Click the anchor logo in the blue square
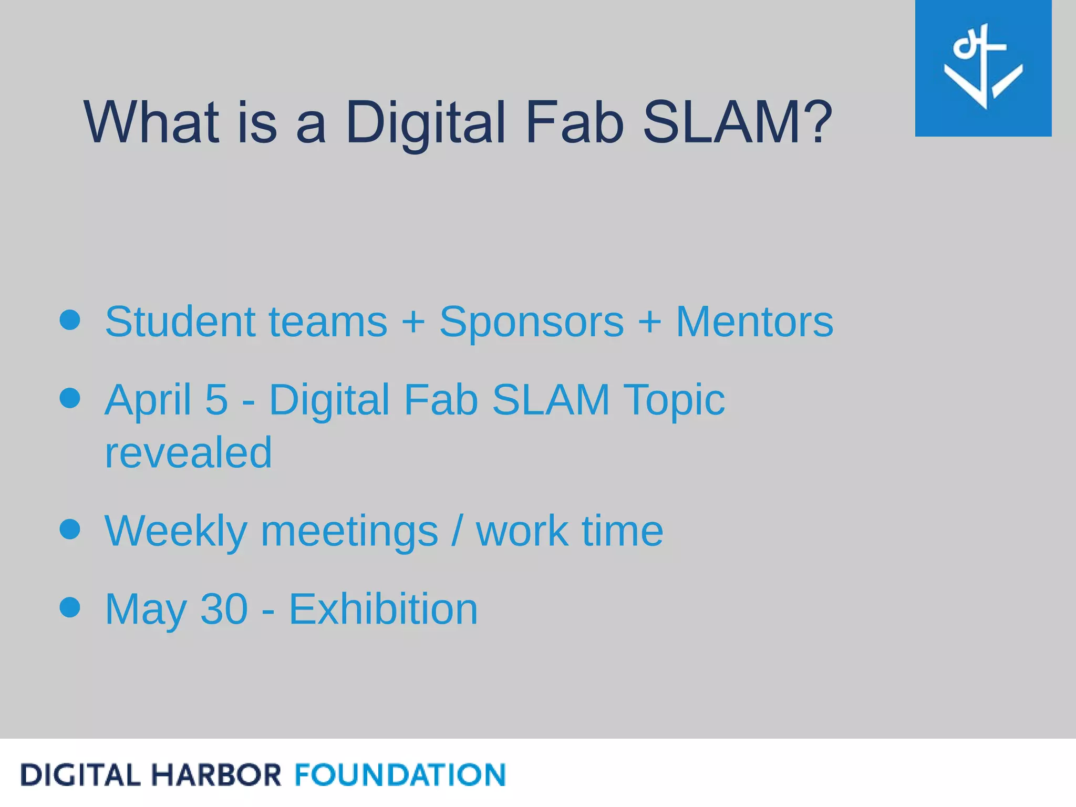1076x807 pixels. click(x=982, y=67)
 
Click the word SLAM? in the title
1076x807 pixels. click(x=737, y=122)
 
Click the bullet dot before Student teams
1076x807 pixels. click(x=70, y=320)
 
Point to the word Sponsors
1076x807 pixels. click(x=531, y=322)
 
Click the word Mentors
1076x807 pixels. click(x=754, y=322)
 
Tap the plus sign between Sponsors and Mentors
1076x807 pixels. click(x=649, y=322)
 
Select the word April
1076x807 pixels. click(x=148, y=400)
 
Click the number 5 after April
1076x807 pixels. click(x=216, y=399)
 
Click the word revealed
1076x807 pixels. click(x=188, y=452)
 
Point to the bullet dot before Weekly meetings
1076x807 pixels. click(x=70, y=529)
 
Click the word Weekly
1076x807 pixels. click(x=175, y=532)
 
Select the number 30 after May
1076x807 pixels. click(x=224, y=609)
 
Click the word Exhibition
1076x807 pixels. click(x=383, y=609)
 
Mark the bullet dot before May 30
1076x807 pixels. click(x=70, y=607)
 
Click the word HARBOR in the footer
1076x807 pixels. click(x=216, y=775)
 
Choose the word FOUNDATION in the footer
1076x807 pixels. click(x=400, y=775)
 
